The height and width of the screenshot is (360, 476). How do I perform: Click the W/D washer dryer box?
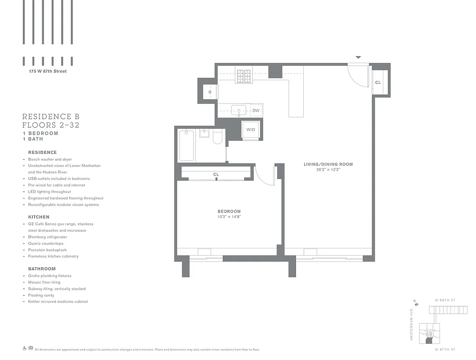[251, 130]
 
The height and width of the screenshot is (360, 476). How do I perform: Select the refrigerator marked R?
[210, 92]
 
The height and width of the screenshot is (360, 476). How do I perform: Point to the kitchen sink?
[238, 110]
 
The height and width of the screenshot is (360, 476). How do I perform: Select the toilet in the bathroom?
[218, 137]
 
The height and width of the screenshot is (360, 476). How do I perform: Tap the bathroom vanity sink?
[204, 134]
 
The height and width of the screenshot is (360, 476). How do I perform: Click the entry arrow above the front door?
[358, 58]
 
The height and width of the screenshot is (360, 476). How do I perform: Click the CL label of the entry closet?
[378, 83]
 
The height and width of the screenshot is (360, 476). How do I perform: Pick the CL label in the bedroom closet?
[216, 174]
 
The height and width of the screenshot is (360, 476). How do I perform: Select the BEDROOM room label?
[229, 211]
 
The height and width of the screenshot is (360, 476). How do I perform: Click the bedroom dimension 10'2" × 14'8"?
[229, 217]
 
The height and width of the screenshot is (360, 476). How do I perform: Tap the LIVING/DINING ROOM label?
[328, 165]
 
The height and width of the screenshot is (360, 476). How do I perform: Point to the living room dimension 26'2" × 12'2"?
[328, 170]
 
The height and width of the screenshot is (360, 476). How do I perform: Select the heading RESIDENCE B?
[51, 117]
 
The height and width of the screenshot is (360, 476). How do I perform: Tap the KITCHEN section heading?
[39, 217]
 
